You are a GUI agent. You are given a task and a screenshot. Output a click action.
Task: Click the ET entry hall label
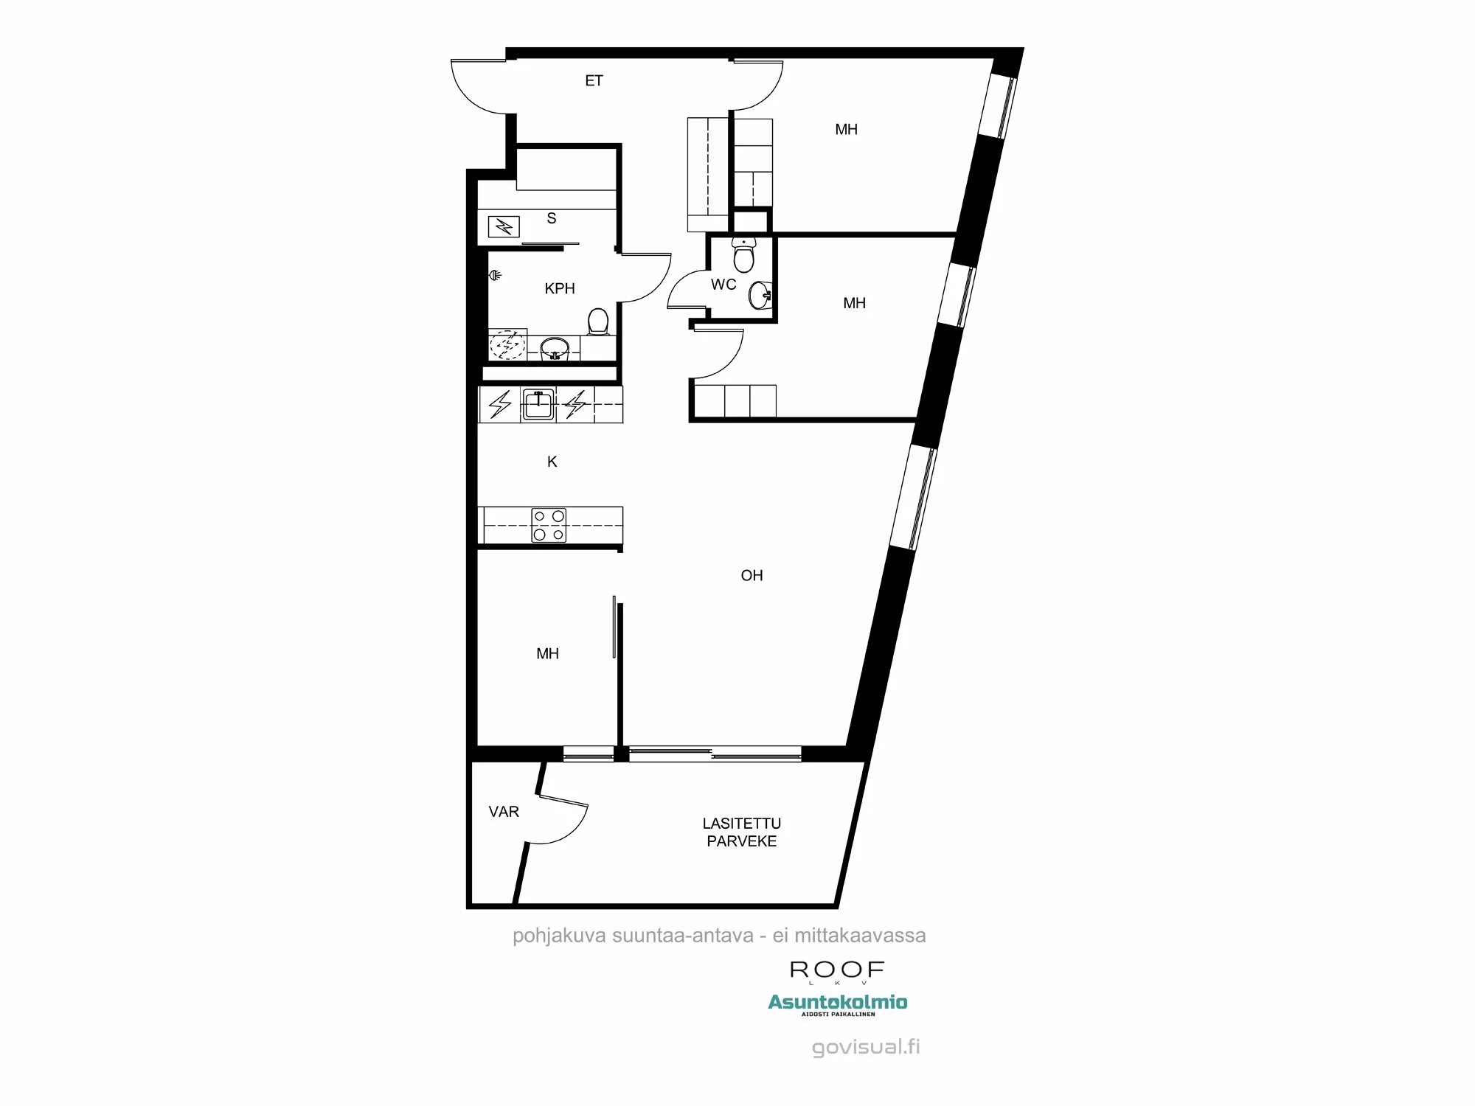coord(594,80)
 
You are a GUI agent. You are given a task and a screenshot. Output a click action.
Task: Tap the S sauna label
coord(552,218)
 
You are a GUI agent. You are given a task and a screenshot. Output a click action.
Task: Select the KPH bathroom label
coord(559,288)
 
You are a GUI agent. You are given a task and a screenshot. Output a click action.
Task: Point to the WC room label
coord(723,284)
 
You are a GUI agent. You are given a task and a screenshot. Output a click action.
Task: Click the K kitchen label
coord(552,462)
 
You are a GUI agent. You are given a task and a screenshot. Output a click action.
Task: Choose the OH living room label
coord(752,575)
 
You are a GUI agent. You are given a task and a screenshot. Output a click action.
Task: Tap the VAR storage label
coord(504,812)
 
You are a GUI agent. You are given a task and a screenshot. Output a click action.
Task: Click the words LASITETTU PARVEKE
coord(741,832)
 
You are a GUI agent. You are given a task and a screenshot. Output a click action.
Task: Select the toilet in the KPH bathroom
coord(598,321)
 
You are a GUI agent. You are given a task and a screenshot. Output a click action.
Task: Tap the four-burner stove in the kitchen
coord(549,525)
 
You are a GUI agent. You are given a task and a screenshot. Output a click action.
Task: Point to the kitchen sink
coord(538,404)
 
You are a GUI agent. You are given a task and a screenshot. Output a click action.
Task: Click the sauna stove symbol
coord(504,226)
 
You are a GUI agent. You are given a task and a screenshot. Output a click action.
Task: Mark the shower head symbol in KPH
coord(495,276)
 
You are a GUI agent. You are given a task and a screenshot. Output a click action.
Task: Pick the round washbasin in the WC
coord(760,296)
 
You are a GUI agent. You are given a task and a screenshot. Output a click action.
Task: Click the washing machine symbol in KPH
coord(507,344)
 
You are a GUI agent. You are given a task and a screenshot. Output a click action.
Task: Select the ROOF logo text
coord(836,970)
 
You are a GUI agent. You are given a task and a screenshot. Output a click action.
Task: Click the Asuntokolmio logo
coord(837,1004)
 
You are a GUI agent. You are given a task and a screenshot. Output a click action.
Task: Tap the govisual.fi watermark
coord(866,1047)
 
